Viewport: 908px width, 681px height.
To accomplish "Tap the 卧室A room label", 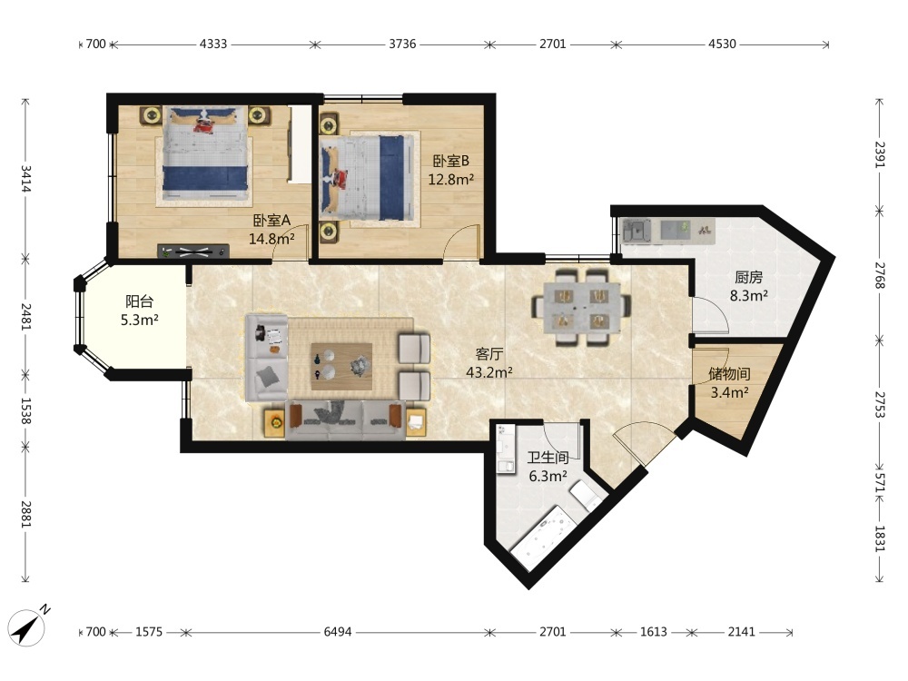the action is (x=271, y=220).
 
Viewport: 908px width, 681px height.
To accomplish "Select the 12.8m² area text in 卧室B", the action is (x=451, y=180).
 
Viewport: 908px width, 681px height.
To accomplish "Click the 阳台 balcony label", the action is (x=140, y=301).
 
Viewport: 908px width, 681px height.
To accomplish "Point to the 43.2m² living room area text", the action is (x=489, y=372).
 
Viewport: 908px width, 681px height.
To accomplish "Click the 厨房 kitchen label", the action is (x=748, y=277).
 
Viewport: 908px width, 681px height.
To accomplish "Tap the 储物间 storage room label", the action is (x=729, y=374).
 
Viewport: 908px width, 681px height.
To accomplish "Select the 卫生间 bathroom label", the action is (x=548, y=458).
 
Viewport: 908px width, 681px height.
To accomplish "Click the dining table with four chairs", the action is (x=583, y=306).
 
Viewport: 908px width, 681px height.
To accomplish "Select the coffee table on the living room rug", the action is (x=341, y=367).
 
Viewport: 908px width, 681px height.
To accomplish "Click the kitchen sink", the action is (x=637, y=231).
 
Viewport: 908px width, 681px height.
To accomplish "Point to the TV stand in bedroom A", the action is (x=193, y=252).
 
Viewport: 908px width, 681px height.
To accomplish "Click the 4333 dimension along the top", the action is (x=213, y=44).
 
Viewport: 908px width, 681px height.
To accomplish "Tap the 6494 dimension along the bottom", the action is (x=338, y=632).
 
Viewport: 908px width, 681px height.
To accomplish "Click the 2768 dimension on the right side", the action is (x=880, y=276).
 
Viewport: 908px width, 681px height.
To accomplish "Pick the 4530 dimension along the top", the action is (x=722, y=44).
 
